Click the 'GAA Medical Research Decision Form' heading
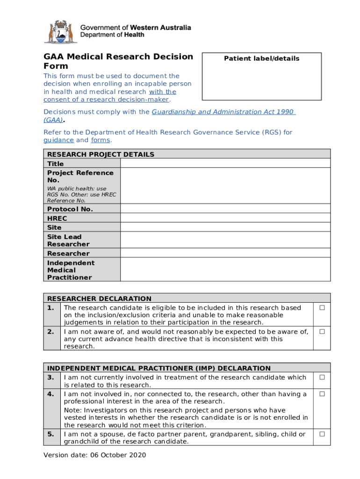point(118,62)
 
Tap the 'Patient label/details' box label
point(261,58)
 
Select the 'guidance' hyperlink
point(58,140)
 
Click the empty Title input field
point(225,163)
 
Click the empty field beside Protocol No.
point(225,209)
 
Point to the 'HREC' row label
point(57,218)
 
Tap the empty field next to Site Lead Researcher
point(225,240)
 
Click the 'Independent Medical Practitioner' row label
point(70,270)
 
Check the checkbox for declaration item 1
point(322,308)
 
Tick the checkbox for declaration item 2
point(322,332)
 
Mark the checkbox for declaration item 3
point(322,377)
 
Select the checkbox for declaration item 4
point(322,394)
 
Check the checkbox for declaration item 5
point(322,434)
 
